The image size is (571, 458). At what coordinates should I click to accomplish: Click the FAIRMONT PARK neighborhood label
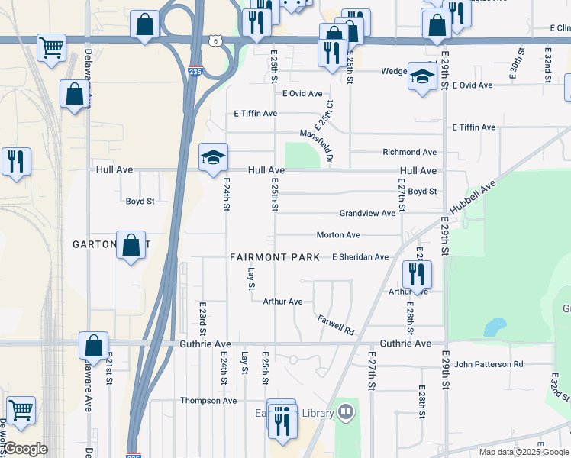[275, 257]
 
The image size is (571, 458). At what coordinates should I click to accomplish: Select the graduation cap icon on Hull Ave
[213, 158]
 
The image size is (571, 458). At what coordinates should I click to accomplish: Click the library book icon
[346, 413]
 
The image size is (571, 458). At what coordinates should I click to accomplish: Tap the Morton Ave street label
[338, 235]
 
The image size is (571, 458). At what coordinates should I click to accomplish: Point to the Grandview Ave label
[367, 214]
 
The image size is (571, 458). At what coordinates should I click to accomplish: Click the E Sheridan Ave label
[360, 257]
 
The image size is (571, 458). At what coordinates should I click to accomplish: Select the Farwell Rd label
[337, 326]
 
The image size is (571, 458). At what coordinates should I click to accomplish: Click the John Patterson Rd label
[489, 365]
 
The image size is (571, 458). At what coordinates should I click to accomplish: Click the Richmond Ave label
[409, 153]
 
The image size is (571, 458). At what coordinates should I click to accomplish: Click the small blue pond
[495, 327]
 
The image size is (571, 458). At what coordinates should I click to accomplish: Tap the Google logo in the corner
[25, 449]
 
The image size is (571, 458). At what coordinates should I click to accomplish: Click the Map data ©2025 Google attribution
[524, 452]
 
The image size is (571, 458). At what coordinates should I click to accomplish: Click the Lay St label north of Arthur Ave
[250, 279]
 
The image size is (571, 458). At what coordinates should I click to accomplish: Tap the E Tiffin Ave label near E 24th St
[255, 114]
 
